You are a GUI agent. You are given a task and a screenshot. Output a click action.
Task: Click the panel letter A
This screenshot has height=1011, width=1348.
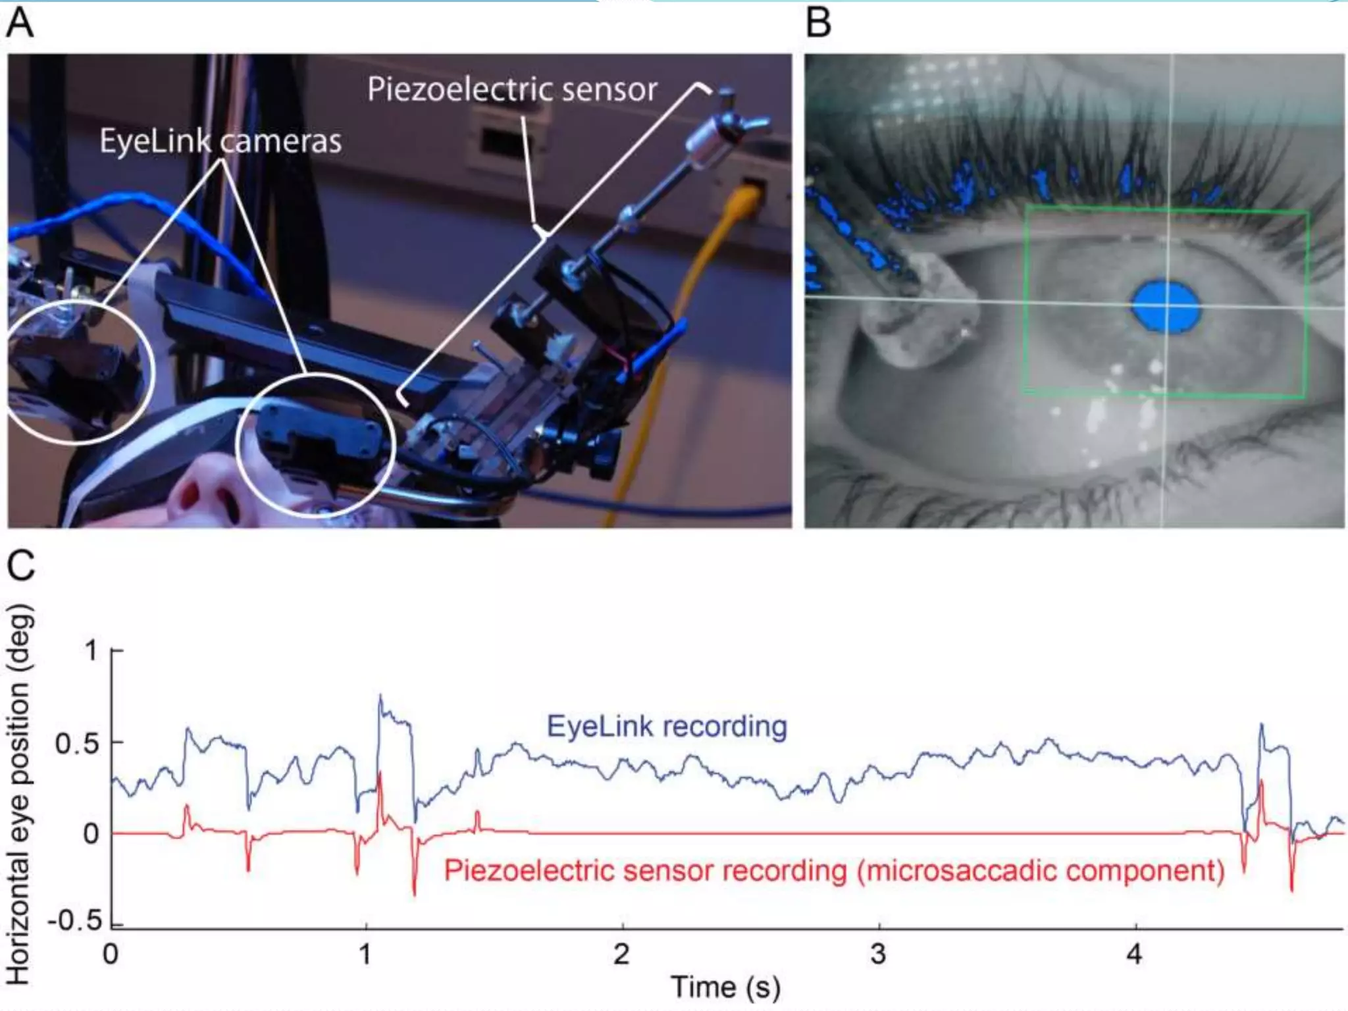[20, 24]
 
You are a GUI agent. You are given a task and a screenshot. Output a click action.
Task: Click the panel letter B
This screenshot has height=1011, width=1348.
[818, 24]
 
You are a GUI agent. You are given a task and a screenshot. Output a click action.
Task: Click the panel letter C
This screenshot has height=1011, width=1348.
[20, 566]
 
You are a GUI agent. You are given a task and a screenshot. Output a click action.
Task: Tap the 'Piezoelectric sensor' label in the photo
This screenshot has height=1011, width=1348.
[512, 90]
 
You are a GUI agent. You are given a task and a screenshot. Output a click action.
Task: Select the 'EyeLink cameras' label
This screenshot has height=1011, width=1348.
[220, 141]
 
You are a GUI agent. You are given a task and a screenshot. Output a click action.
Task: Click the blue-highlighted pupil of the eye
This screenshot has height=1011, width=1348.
[1166, 306]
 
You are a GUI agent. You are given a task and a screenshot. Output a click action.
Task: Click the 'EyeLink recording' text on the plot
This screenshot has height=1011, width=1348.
[667, 727]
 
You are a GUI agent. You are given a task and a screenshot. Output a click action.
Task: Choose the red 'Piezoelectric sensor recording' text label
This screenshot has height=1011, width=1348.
[834, 871]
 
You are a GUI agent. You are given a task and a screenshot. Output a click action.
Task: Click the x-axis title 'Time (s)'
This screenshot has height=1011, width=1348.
[725, 987]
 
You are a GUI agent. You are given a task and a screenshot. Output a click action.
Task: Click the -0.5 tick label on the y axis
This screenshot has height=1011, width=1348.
[76, 920]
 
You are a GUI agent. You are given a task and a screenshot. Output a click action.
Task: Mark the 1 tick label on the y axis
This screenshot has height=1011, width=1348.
[91, 651]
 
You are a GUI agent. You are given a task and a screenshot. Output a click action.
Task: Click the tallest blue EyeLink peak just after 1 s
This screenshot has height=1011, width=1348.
[380, 696]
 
